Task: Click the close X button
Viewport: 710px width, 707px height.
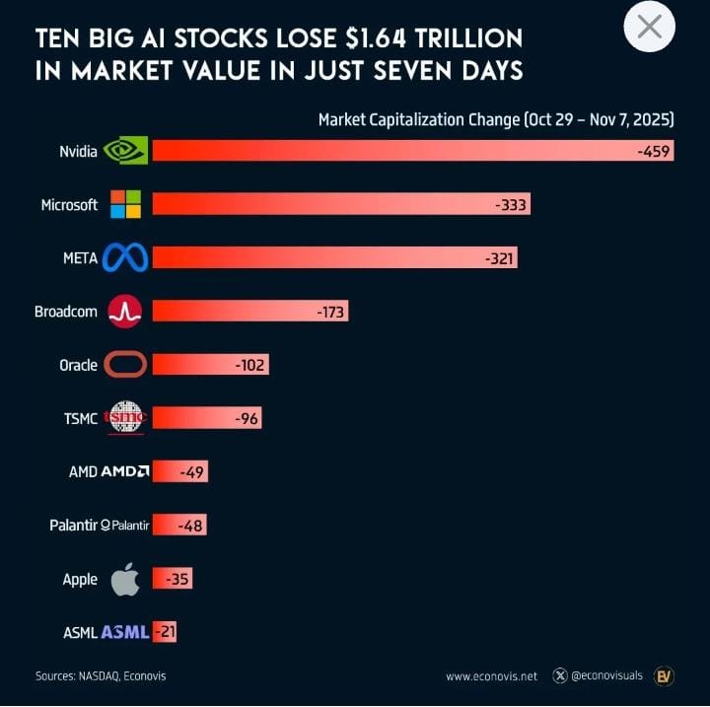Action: (x=650, y=27)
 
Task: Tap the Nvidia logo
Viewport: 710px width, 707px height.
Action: (x=126, y=150)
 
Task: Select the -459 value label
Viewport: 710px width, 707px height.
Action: (x=653, y=151)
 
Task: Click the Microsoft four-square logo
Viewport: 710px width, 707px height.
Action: (x=125, y=204)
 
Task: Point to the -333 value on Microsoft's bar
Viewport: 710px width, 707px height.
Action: (x=511, y=205)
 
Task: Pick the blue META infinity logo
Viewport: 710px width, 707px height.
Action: (x=125, y=258)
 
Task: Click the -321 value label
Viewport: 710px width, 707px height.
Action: (x=499, y=258)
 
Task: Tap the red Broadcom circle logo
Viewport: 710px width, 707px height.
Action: (x=125, y=312)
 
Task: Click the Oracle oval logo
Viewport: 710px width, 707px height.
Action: (x=125, y=365)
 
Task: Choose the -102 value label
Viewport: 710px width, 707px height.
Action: (x=250, y=365)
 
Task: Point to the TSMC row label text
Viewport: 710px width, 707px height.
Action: (x=80, y=419)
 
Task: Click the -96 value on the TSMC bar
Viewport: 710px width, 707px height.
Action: (x=246, y=419)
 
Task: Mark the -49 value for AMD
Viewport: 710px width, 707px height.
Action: (x=191, y=472)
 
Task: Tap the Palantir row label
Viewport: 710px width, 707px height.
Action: (x=73, y=526)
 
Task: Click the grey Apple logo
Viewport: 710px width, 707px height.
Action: (x=125, y=579)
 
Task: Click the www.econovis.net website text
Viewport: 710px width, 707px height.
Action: (x=491, y=676)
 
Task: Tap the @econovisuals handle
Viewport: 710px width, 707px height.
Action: (x=606, y=676)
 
